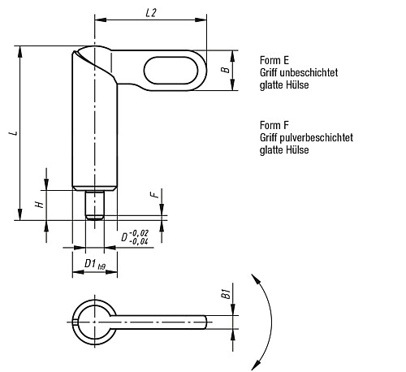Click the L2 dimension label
pyautogui.click(x=151, y=13)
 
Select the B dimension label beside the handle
pyautogui.click(x=226, y=70)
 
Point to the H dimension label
pyautogui.click(x=40, y=204)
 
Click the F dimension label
pyautogui.click(x=154, y=194)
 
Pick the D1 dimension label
pyautogui.click(x=90, y=263)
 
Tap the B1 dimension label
pyautogui.click(x=226, y=294)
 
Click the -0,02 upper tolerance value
pyautogui.click(x=139, y=232)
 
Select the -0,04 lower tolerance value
pyautogui.click(x=139, y=241)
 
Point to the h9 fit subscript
pyautogui.click(x=101, y=267)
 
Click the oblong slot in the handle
pyautogui.click(x=171, y=71)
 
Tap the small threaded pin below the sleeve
pyautogui.click(x=95, y=205)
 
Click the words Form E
pyautogui.click(x=274, y=60)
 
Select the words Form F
pyautogui.click(x=274, y=125)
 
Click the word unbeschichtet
pyautogui.click(x=309, y=72)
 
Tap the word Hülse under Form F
pyautogui.click(x=297, y=149)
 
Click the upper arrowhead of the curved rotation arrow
pyautogui.click(x=256, y=279)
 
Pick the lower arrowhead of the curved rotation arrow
pyautogui.click(x=256, y=365)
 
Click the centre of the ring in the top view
pyautogui.click(x=94, y=322)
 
